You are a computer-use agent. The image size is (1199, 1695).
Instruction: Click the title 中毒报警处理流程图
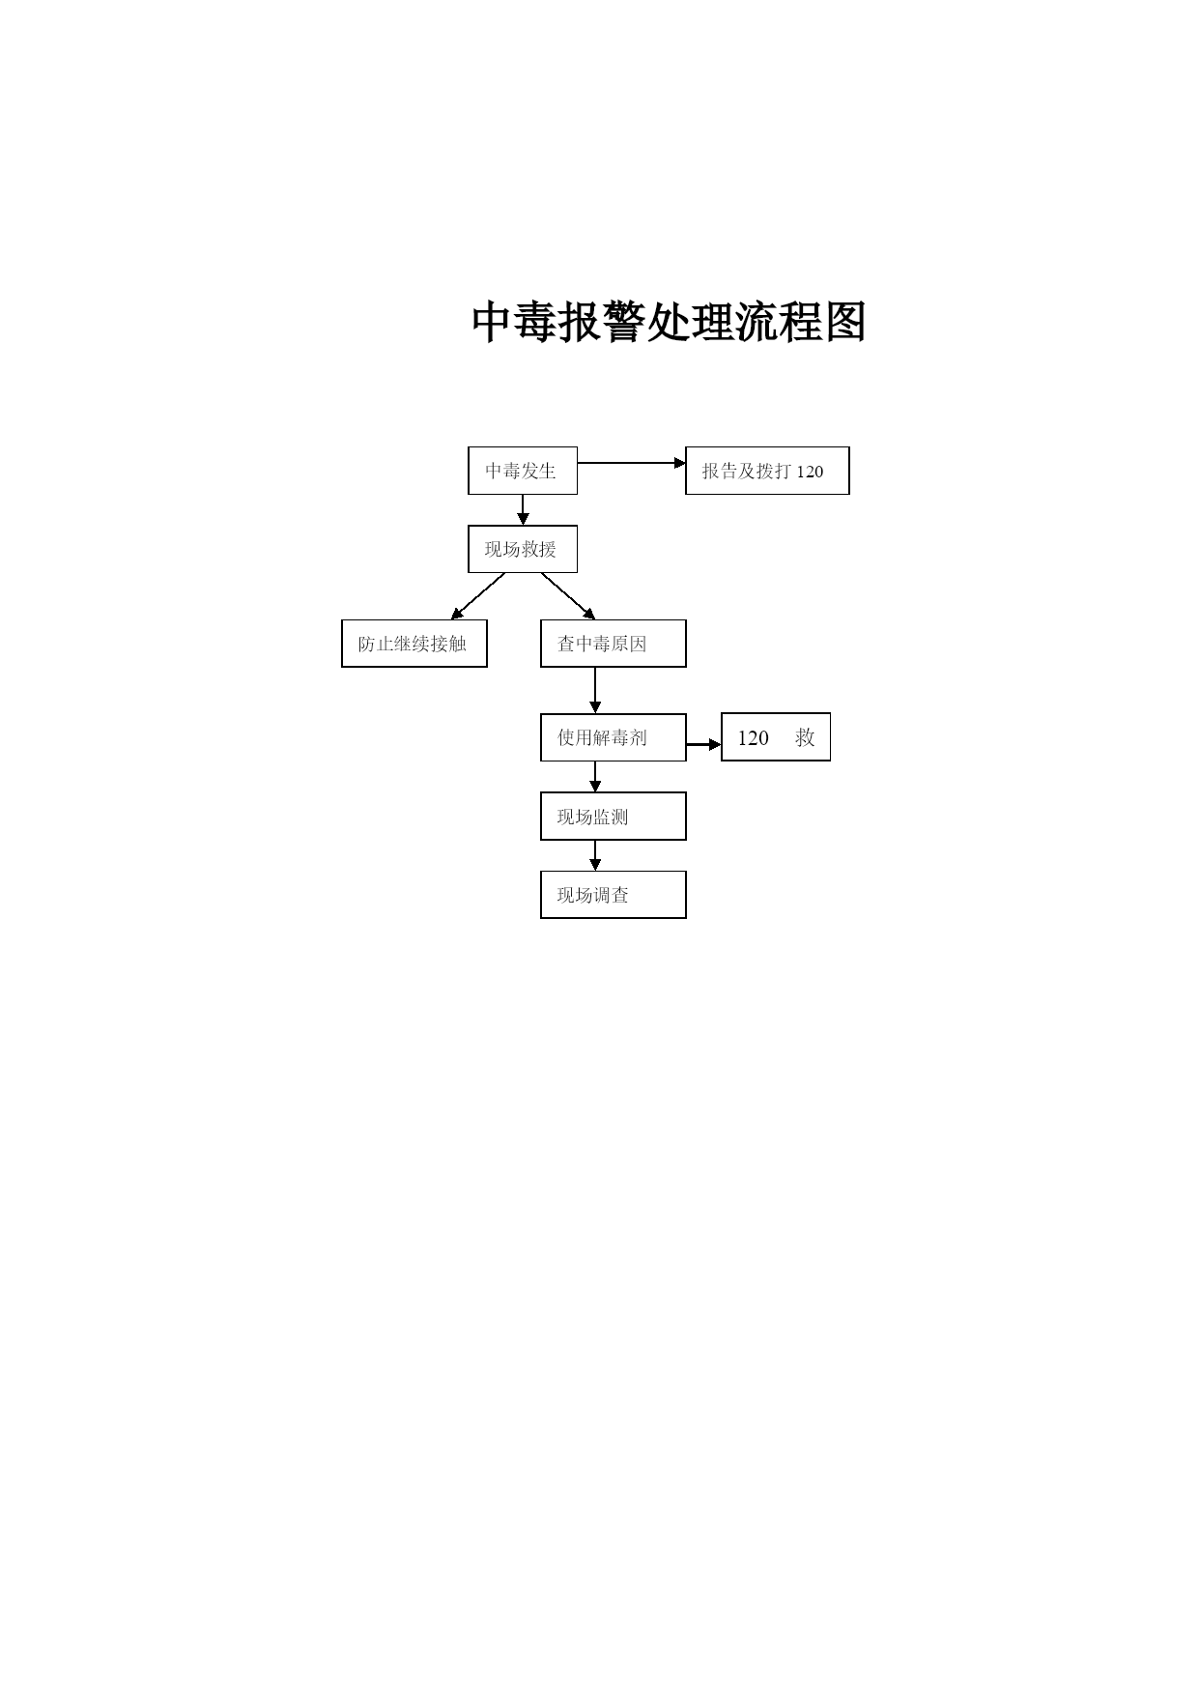669,322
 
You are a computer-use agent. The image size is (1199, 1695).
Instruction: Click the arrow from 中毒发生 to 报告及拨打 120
632,463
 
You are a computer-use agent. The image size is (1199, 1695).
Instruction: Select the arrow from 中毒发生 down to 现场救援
523,510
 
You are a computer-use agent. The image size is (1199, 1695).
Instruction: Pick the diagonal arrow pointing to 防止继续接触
477,596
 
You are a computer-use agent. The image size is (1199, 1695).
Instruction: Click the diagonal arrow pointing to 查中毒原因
568,596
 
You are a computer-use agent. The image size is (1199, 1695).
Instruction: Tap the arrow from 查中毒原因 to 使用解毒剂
595,690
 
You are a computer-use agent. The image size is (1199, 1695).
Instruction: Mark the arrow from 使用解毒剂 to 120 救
704,745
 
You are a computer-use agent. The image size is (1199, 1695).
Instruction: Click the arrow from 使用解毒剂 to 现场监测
595,777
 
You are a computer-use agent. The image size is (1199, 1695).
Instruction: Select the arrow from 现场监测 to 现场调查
595,855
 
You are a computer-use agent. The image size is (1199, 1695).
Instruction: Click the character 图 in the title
844,322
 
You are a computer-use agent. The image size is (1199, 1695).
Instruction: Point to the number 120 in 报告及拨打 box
811,472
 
